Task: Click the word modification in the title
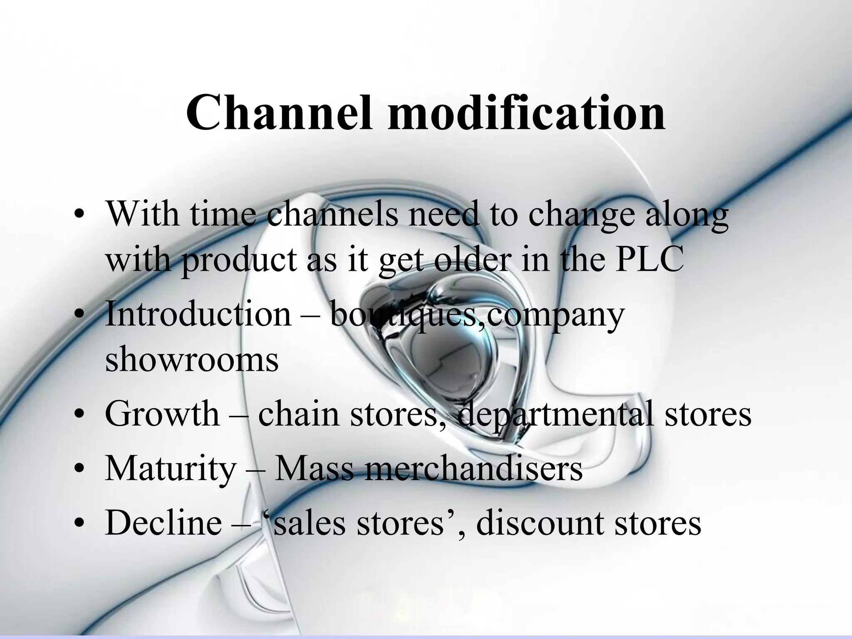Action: click(x=526, y=113)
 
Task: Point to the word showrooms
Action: click(x=192, y=359)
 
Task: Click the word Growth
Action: click(x=162, y=414)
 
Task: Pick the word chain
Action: click(x=299, y=414)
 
